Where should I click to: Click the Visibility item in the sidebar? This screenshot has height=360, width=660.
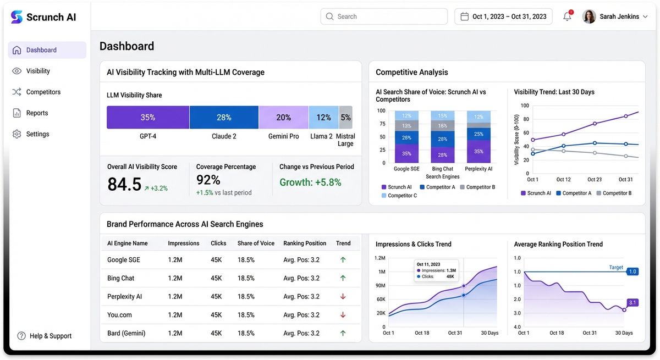click(37, 71)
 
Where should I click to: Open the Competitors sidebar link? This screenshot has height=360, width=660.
click(43, 92)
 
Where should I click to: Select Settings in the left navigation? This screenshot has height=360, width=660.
click(37, 134)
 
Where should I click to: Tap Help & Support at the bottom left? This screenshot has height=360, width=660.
click(50, 336)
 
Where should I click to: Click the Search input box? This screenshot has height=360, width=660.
click(384, 16)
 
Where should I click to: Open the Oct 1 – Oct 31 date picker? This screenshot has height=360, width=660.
click(503, 16)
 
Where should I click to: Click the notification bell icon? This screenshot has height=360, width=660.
click(567, 16)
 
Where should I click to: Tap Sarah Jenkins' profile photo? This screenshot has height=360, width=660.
click(589, 16)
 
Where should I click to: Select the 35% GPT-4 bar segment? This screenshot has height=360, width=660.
click(148, 117)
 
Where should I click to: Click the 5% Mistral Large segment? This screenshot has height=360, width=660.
click(345, 117)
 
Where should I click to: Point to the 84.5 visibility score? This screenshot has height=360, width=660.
click(125, 184)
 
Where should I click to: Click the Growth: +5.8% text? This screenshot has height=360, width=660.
click(310, 182)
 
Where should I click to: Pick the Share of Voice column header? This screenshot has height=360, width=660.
click(256, 243)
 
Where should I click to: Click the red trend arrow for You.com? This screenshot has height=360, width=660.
click(343, 315)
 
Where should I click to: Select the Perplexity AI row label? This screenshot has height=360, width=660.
click(124, 296)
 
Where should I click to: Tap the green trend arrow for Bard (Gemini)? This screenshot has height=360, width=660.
click(343, 333)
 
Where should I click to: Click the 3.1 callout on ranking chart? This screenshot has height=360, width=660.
click(632, 302)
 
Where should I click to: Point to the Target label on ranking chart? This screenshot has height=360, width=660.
click(616, 268)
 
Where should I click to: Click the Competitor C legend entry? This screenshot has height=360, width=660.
click(402, 196)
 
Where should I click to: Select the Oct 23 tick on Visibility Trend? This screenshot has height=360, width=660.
click(595, 180)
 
